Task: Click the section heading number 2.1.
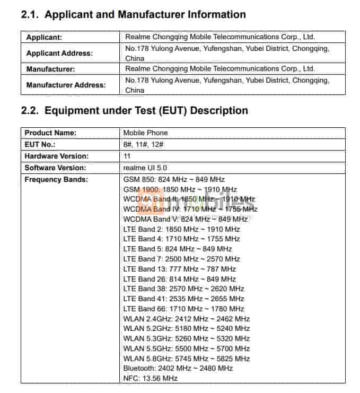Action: click(30, 15)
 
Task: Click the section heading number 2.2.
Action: click(30, 111)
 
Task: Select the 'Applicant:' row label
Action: click(44, 37)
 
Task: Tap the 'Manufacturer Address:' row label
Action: click(66, 85)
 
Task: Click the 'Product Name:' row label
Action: click(50, 133)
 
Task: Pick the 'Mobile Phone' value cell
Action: click(145, 133)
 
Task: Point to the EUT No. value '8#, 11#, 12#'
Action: click(143, 144)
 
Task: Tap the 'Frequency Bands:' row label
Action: click(56, 179)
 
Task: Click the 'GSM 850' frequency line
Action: click(174, 179)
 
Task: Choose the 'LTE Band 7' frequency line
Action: click(181, 259)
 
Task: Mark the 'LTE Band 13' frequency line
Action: click(180, 269)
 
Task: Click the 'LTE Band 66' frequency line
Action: click(183, 309)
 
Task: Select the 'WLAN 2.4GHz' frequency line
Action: click(186, 319)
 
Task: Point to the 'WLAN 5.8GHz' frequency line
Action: click(186, 359)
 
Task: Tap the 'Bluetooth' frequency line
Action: click(178, 368)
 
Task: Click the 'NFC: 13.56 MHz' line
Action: click(150, 378)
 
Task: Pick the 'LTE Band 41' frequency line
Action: click(183, 299)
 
